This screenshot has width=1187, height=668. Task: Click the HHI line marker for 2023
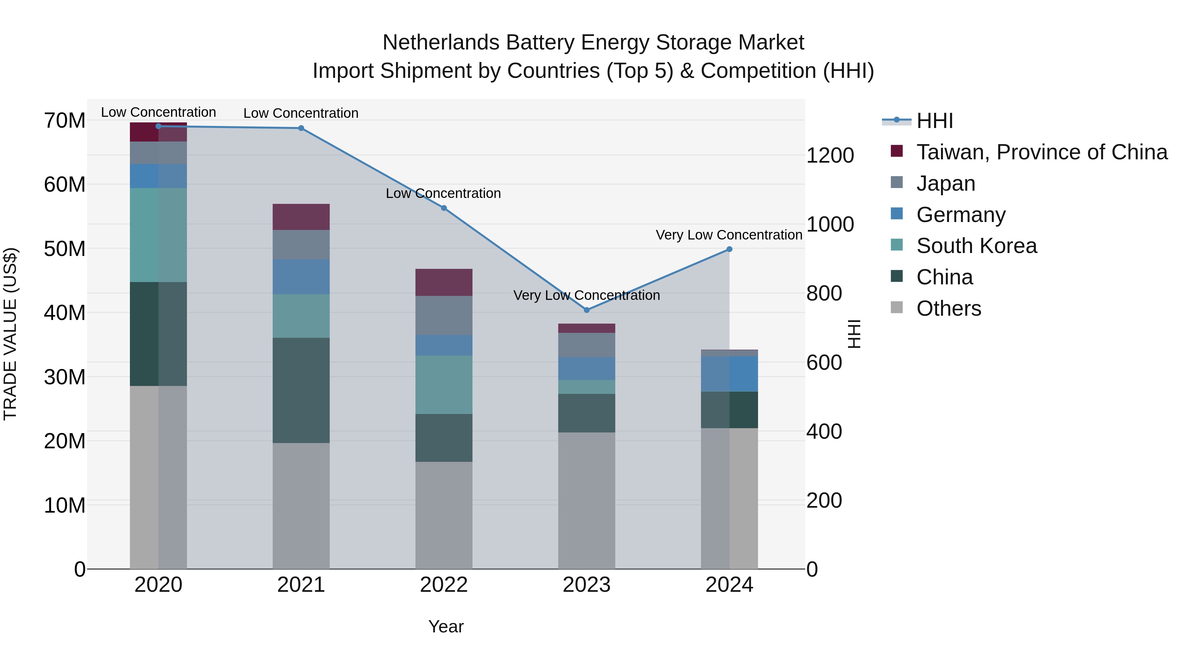pyautogui.click(x=587, y=310)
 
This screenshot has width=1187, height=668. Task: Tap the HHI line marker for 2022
pyautogui.click(x=444, y=208)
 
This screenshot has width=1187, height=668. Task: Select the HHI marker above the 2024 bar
pyautogui.click(x=729, y=249)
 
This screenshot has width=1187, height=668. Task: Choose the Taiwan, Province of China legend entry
pyautogui.click(x=1041, y=152)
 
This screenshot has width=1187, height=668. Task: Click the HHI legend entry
pyautogui.click(x=934, y=121)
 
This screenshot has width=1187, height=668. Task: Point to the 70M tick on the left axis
pyautogui.click(x=65, y=121)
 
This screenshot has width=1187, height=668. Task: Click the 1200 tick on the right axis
pyautogui.click(x=830, y=155)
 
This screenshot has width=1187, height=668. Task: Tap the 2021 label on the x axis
pyautogui.click(x=301, y=585)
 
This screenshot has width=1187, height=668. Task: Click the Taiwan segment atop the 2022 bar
pyautogui.click(x=444, y=282)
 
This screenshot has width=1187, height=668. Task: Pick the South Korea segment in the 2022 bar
pyautogui.click(x=444, y=385)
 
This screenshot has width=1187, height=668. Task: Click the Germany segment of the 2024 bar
pyautogui.click(x=729, y=373)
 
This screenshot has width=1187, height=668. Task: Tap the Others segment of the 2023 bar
pyautogui.click(x=587, y=500)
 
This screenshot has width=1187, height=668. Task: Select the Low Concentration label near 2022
pyautogui.click(x=443, y=194)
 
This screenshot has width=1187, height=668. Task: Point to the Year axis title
pyautogui.click(x=445, y=626)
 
